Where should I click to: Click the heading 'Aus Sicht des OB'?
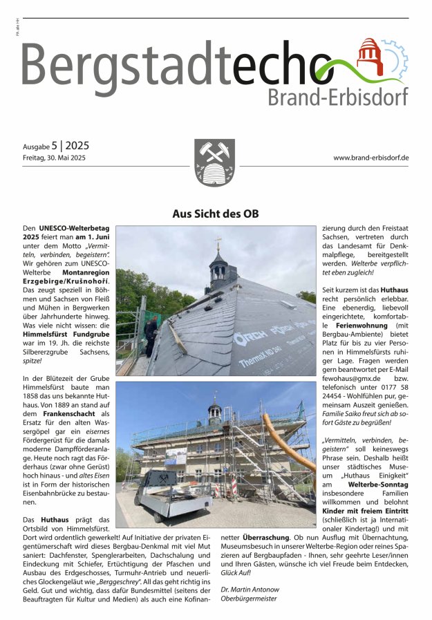click(215, 214)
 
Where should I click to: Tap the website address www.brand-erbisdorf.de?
click(371, 158)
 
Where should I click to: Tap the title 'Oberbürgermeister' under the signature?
click(249, 599)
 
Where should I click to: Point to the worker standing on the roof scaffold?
click(151, 335)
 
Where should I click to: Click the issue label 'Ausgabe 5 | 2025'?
click(55, 147)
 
